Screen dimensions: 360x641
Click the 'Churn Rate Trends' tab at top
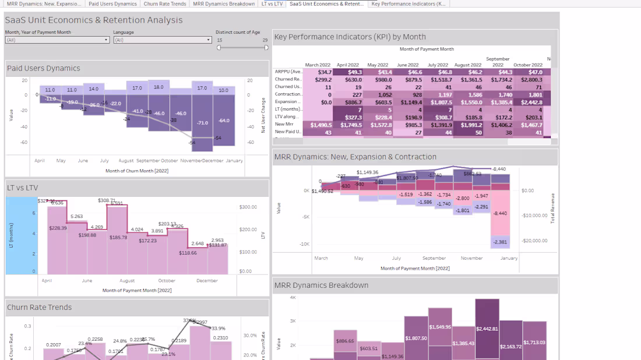coord(165,3)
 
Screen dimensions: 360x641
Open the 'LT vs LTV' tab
coord(272,3)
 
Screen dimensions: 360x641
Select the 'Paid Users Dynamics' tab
coord(112,3)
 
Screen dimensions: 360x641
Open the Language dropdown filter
coord(163,40)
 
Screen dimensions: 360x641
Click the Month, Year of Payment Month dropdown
coord(57,40)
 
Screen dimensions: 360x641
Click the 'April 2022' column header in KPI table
coord(348,65)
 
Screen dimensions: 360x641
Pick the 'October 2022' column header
coord(527,65)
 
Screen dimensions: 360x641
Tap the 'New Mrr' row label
coord(284,124)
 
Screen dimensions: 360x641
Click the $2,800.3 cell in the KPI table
coord(531,79)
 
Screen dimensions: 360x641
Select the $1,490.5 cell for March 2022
coord(321,125)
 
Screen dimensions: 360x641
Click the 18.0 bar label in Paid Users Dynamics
coord(159,87)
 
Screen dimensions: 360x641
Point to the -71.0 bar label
coord(202,123)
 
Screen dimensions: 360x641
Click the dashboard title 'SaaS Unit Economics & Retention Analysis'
coord(94,20)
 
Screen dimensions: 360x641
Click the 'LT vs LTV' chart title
coord(23,188)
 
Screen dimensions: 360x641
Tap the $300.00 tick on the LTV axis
coord(248,207)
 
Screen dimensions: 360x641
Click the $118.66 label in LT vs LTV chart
coord(188,253)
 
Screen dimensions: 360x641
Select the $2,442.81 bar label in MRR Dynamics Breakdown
coord(487,329)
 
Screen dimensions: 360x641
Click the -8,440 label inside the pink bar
coord(500,213)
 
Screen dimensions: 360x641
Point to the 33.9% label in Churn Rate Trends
coord(218,328)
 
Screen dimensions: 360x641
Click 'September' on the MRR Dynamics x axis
coord(434,258)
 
